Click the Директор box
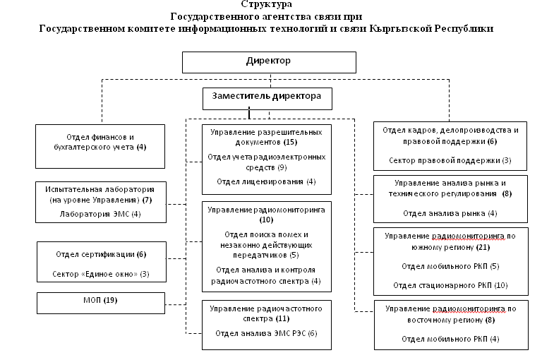pyautogui.click(x=269, y=62)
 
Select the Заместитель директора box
pyautogui.click(x=267, y=99)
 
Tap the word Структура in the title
pyautogui.click(x=266, y=4)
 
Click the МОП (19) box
pyautogui.click(x=101, y=303)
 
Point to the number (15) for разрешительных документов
pyautogui.click(x=291, y=142)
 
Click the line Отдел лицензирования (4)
pyautogui.click(x=266, y=181)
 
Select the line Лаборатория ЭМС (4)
pyautogui.click(x=100, y=214)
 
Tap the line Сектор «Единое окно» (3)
pyautogui.click(x=101, y=274)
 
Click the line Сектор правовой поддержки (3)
pyautogui.click(x=450, y=160)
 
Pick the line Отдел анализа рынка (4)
pyautogui.click(x=450, y=213)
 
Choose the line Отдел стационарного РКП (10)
pyautogui.click(x=450, y=285)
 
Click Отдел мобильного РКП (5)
pyautogui.click(x=450, y=266)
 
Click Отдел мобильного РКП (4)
pyautogui.click(x=450, y=339)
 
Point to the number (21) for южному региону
pyautogui.click(x=483, y=247)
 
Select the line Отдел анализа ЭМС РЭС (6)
pyautogui.click(x=266, y=333)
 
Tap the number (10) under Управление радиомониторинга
pyautogui.click(x=266, y=220)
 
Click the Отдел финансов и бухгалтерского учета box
pyautogui.click(x=100, y=146)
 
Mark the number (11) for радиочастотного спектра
pyautogui.click(x=282, y=318)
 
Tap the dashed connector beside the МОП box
pyautogui.click(x=176, y=304)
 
